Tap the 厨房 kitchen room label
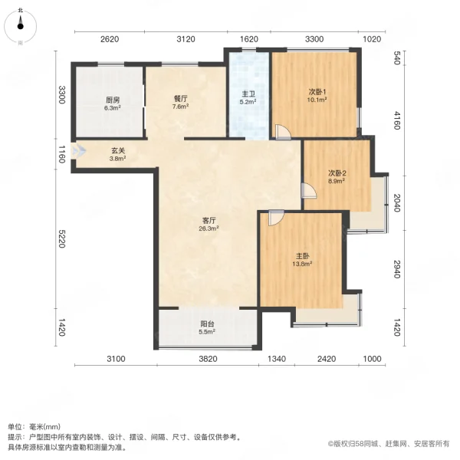[x=113, y=100]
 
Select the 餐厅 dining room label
[x=180, y=98]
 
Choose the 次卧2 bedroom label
[x=337, y=173]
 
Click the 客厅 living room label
[x=208, y=219]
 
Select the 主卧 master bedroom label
[x=302, y=256]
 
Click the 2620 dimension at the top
[x=110, y=39]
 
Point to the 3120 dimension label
[x=186, y=39]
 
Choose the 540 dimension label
[x=397, y=58]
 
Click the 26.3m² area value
[x=208, y=228]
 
